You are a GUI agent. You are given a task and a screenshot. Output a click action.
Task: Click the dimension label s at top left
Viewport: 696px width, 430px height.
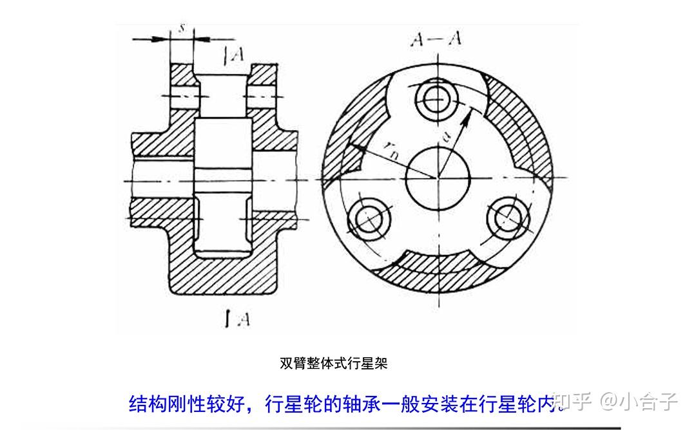[182, 29]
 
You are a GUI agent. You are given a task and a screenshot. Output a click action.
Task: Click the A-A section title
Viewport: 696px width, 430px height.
[436, 39]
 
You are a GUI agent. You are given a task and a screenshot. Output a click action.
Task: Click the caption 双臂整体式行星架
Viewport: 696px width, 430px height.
[333, 363]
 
